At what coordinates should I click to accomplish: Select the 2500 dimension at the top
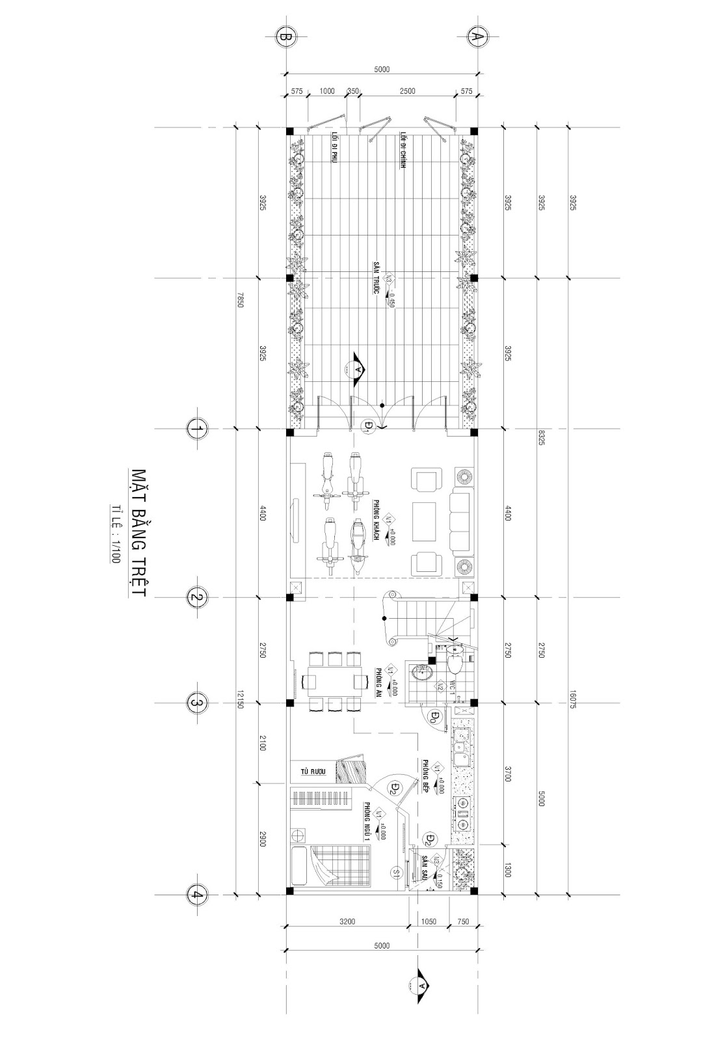(x=408, y=92)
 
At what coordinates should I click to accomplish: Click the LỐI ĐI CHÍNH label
(x=403, y=150)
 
